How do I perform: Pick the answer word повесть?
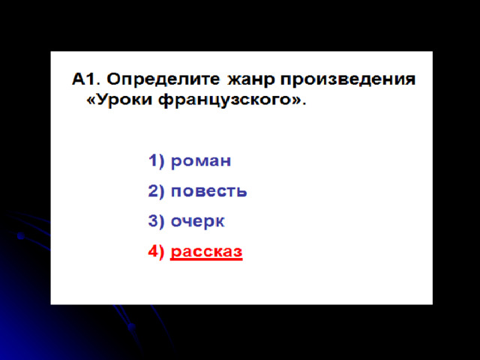click(208, 191)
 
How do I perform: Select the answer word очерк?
click(197, 222)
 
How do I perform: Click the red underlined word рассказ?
click(206, 252)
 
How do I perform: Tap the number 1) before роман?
click(156, 160)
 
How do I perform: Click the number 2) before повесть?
click(156, 190)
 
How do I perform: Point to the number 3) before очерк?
click(156, 220)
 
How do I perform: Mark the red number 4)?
click(156, 251)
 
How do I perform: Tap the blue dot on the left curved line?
click(21, 235)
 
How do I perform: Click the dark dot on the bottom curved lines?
click(132, 327)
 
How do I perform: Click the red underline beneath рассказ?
click(206, 259)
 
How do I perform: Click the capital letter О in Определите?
click(113, 79)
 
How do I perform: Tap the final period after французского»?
click(304, 103)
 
